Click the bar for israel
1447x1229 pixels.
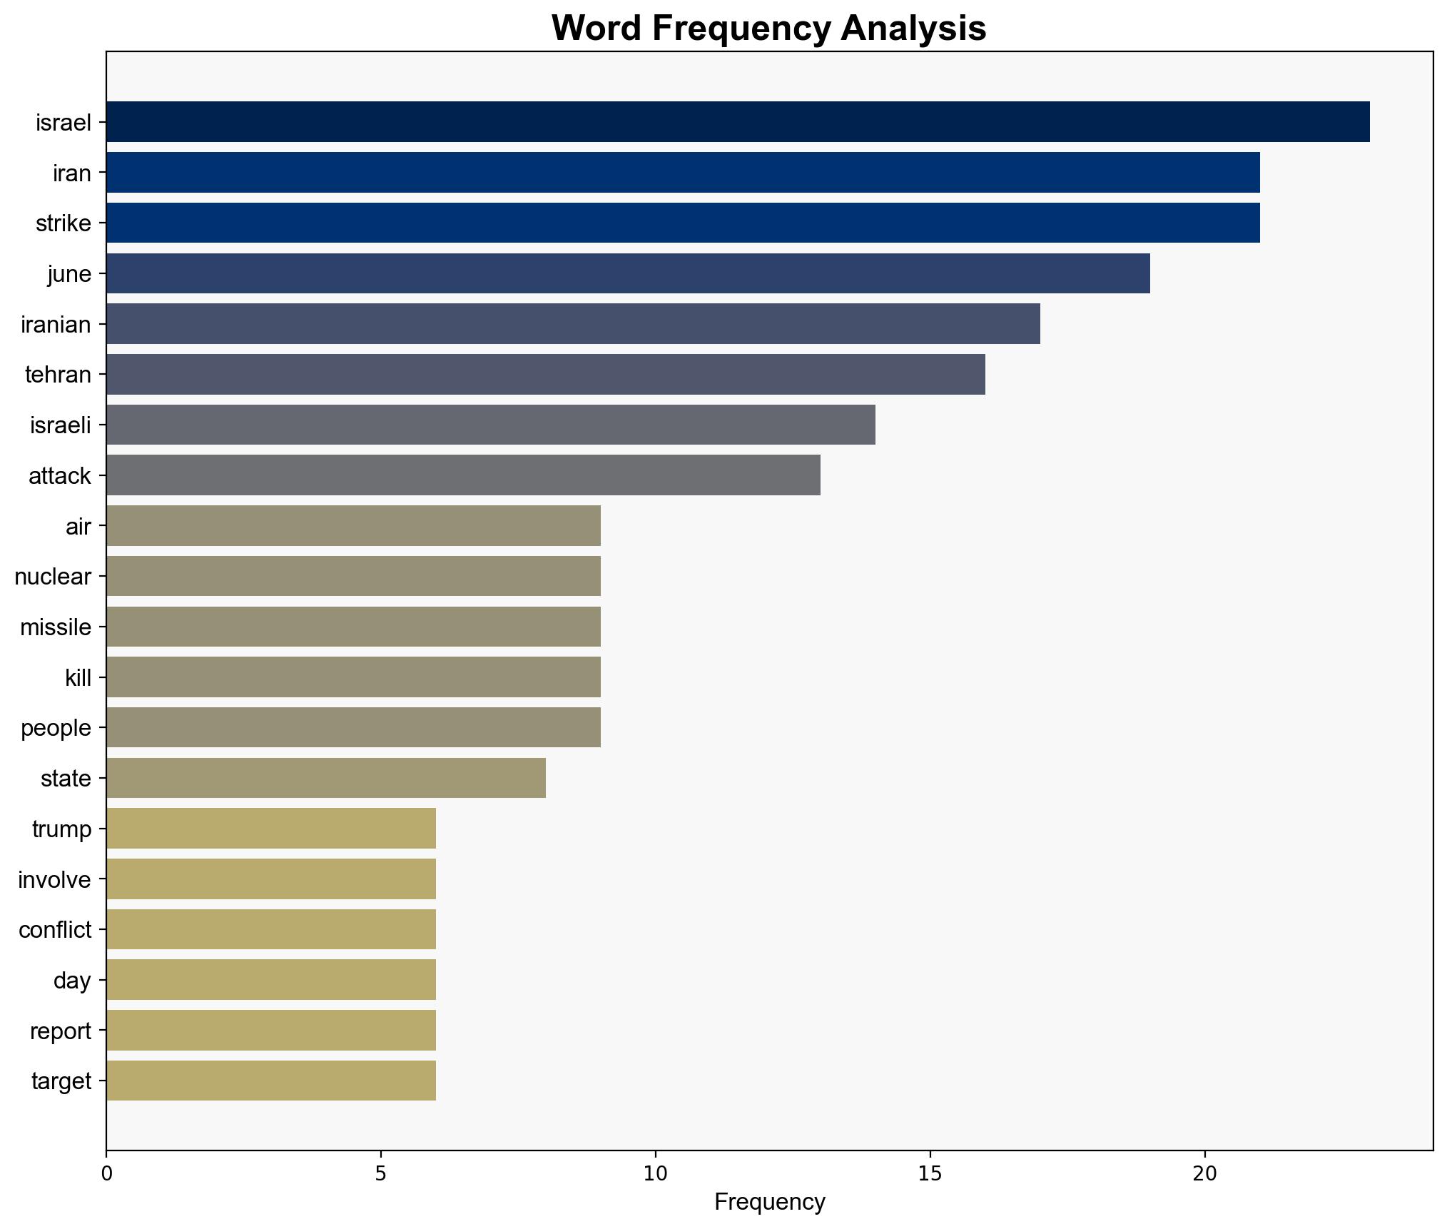pyautogui.click(x=738, y=122)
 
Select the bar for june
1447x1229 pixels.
pyautogui.click(x=628, y=273)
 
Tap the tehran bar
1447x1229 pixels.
pyautogui.click(x=546, y=374)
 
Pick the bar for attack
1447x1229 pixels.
pyautogui.click(x=463, y=475)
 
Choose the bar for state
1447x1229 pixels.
pyautogui.click(x=326, y=778)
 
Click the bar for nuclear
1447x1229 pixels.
pyautogui.click(x=353, y=576)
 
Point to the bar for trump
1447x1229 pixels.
pyautogui.click(x=271, y=829)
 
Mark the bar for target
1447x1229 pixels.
pyautogui.click(x=271, y=1081)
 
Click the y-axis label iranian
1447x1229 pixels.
pyautogui.click(x=56, y=325)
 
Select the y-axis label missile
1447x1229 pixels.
pyautogui.click(x=56, y=627)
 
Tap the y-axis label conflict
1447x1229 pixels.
pyautogui.click(x=55, y=930)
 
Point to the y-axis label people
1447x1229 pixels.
pyautogui.click(x=56, y=728)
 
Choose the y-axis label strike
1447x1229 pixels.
pyautogui.click(x=64, y=223)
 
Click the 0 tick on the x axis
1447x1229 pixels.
pyautogui.click(x=107, y=1174)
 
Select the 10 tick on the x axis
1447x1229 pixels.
pyautogui.click(x=656, y=1174)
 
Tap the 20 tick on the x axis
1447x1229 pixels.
pyautogui.click(x=1204, y=1174)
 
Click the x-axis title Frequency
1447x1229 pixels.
pyautogui.click(x=769, y=1203)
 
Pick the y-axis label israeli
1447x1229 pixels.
pyautogui.click(x=61, y=425)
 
